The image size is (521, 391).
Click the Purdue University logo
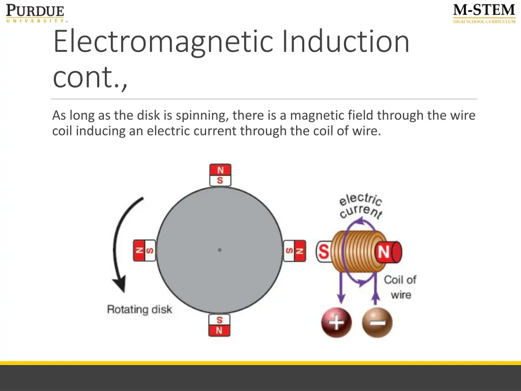(35, 13)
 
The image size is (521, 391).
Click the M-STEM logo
(484, 13)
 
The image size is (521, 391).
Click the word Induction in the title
(345, 42)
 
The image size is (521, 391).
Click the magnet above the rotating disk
(220, 175)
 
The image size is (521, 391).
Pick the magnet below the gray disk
(219, 325)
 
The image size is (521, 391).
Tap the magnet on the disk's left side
(144, 250)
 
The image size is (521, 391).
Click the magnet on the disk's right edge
(295, 250)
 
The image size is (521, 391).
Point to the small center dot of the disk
(220, 250)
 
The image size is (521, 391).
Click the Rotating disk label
(139, 310)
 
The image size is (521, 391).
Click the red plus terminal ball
(336, 323)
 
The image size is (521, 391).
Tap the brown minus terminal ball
(377, 323)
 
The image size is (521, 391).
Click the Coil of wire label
(400, 287)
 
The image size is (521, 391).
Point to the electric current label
(361, 206)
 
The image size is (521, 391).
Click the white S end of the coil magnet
(324, 252)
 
